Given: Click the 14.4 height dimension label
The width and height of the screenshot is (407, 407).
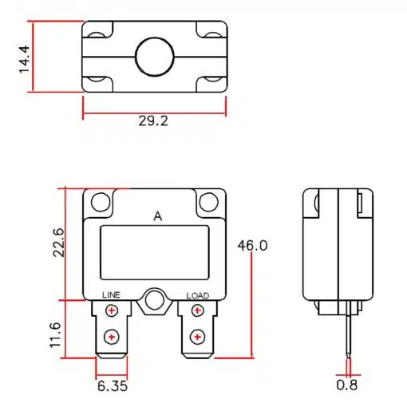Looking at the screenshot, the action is click(x=24, y=59).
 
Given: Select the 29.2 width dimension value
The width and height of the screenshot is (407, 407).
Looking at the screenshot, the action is click(x=153, y=121).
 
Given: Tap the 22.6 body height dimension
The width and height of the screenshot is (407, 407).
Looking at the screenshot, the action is click(x=59, y=243).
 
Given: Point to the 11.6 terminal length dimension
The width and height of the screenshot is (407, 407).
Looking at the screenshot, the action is click(x=56, y=335).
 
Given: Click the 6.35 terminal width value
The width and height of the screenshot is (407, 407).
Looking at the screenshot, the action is click(x=113, y=386).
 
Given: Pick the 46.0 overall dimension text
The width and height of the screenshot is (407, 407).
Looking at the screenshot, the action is click(x=252, y=245).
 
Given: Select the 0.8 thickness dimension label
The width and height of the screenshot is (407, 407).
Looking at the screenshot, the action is click(x=347, y=385).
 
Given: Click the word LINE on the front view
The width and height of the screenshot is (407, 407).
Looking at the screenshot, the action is click(x=112, y=295).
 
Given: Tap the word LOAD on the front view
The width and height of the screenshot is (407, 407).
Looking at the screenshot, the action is click(x=198, y=295).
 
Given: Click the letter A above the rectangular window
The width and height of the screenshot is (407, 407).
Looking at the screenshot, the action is click(x=158, y=216).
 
